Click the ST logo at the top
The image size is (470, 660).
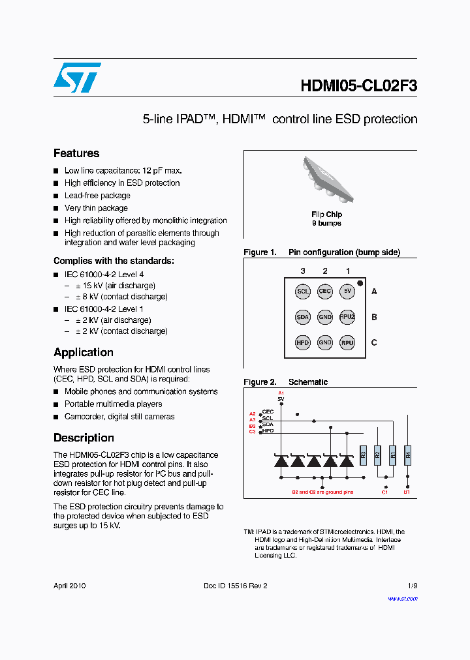(x=77, y=78)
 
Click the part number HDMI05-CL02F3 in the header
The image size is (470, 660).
(x=359, y=87)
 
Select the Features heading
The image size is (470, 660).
(x=76, y=153)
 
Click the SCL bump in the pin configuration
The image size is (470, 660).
(x=303, y=292)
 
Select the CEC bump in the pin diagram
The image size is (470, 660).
(x=325, y=292)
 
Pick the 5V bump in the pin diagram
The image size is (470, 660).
(x=347, y=292)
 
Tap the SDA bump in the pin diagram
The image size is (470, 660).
(x=303, y=317)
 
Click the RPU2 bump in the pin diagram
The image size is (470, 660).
(x=347, y=317)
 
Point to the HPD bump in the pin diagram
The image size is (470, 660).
(x=303, y=342)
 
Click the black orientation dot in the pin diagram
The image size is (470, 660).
(x=360, y=282)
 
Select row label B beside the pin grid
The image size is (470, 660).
(x=374, y=317)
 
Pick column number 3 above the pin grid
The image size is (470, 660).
(x=303, y=271)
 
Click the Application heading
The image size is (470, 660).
(x=84, y=352)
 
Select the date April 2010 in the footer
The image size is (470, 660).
(x=69, y=586)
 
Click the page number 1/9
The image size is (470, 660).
(x=413, y=586)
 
